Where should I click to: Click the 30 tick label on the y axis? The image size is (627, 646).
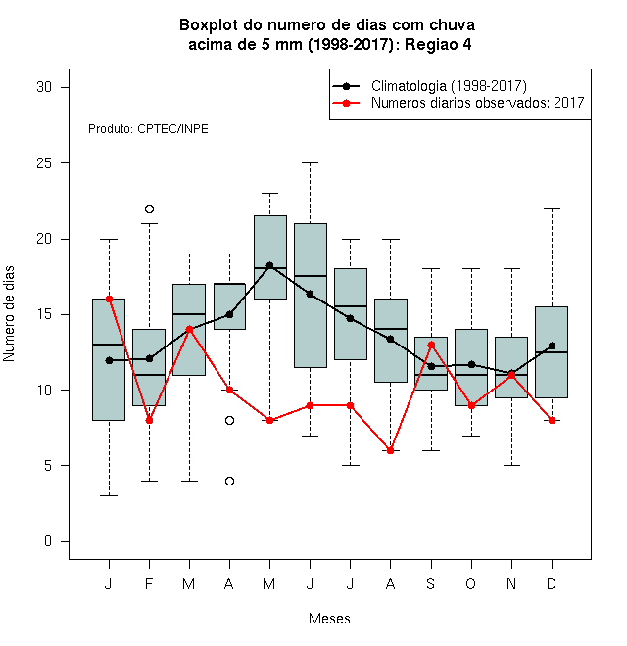[44, 87]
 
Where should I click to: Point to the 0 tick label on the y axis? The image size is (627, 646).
[48, 541]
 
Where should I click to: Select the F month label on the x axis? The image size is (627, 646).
[149, 583]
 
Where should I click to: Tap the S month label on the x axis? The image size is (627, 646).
[431, 583]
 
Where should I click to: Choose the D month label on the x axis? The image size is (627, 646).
[552, 583]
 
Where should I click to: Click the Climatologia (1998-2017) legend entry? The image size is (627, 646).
[430, 86]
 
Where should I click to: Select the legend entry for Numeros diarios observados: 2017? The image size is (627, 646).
[458, 103]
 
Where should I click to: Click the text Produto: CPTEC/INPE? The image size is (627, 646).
[148, 129]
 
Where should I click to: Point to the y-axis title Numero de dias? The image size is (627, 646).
[9, 314]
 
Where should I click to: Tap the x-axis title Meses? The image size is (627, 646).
[329, 619]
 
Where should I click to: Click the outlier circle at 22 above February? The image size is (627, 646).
[149, 208]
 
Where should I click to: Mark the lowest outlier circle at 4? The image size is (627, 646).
[230, 481]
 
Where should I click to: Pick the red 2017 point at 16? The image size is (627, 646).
[109, 300]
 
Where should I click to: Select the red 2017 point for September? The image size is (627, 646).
[431, 345]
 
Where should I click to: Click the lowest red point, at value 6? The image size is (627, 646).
[390, 450]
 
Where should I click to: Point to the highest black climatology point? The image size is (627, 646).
[269, 265]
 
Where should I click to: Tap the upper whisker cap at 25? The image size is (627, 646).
[311, 163]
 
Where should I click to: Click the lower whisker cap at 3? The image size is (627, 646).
[109, 495]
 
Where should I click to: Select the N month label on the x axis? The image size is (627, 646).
[511, 583]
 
